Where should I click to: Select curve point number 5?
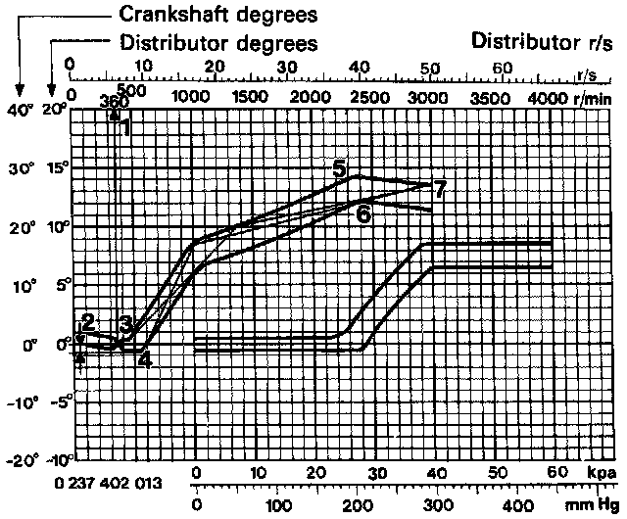tap(340, 169)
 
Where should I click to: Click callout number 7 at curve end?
tap(440, 189)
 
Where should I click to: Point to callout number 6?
tap(363, 214)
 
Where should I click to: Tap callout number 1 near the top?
tap(123, 125)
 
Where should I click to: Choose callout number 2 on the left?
tap(87, 321)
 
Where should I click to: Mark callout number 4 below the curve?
tap(144, 359)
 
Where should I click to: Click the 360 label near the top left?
tap(115, 101)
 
